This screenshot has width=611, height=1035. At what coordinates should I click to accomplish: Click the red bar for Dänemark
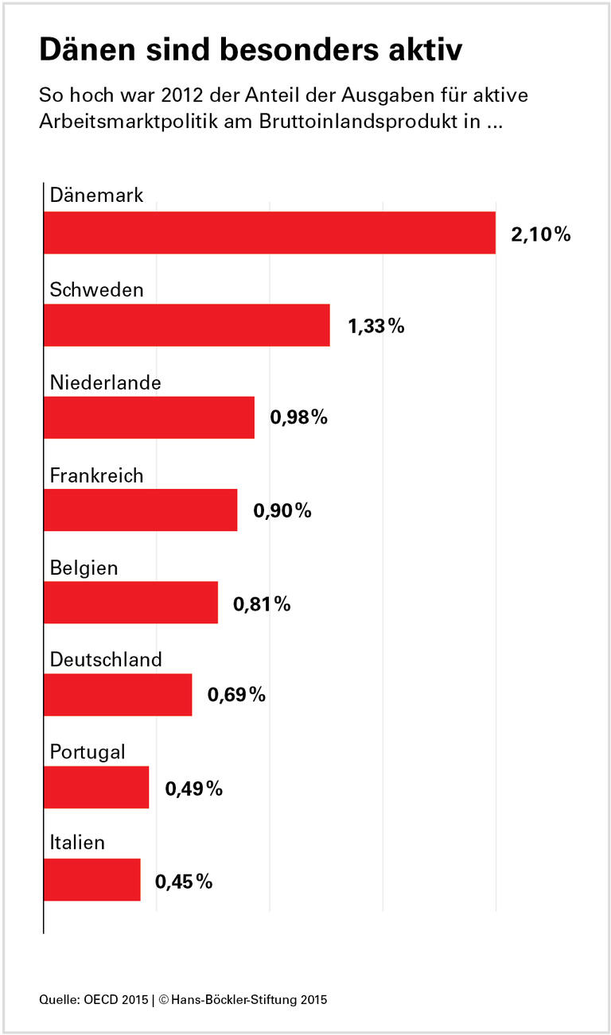tap(269, 233)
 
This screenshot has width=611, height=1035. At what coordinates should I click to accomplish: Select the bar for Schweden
tap(186, 325)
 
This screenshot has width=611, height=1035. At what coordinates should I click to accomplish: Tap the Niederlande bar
tap(149, 417)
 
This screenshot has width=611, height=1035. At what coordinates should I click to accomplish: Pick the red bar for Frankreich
tap(140, 510)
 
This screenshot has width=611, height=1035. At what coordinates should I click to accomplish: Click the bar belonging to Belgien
tap(130, 602)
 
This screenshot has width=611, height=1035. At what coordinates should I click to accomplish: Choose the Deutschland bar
tap(118, 694)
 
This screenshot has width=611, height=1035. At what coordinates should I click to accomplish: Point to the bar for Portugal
tap(96, 786)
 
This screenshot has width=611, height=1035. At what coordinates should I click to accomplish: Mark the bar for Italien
tap(91, 878)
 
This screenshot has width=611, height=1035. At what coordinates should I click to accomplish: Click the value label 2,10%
tap(541, 235)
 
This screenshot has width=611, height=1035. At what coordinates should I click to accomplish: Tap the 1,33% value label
tap(376, 326)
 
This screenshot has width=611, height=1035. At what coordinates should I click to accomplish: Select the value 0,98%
tap(299, 418)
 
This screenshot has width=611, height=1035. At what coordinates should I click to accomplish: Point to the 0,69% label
tap(236, 695)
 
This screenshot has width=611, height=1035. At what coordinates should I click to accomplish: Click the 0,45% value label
tap(184, 881)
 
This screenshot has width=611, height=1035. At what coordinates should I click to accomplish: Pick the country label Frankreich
tap(96, 475)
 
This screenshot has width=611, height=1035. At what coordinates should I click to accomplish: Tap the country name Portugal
tap(88, 752)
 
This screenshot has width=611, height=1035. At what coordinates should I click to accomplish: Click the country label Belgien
tap(84, 568)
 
